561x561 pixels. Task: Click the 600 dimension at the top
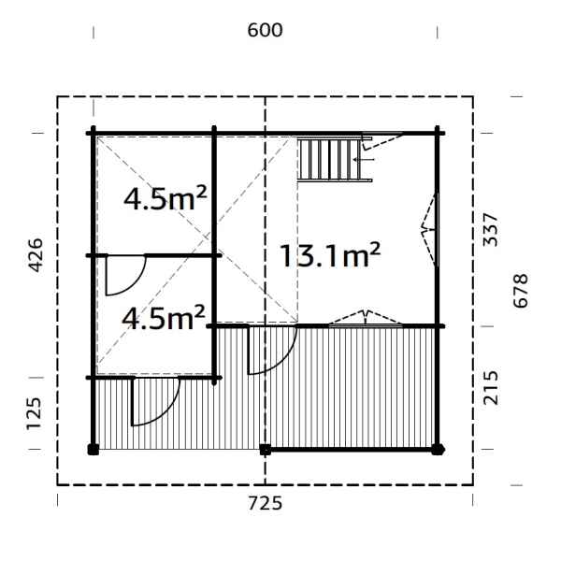coord(265,30)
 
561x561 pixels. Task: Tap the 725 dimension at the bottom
coord(265,503)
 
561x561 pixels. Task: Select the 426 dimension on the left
coord(36,255)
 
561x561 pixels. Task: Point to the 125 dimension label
coord(34,413)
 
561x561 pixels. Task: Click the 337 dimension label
coord(490,230)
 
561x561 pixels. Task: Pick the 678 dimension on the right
coord(520,291)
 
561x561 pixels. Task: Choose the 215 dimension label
coord(490,388)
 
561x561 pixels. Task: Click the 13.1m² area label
coord(329,255)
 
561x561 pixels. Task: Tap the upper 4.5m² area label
coord(165,198)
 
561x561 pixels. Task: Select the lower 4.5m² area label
coord(164,317)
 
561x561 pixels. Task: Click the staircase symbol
coord(335,160)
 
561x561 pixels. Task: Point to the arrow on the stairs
coord(364,159)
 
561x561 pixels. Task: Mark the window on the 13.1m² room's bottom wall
coord(366,319)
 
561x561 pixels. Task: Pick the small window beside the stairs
coord(382,140)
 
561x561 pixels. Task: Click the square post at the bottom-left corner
coord(93,450)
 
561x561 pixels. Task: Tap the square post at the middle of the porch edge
coord(266,450)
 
